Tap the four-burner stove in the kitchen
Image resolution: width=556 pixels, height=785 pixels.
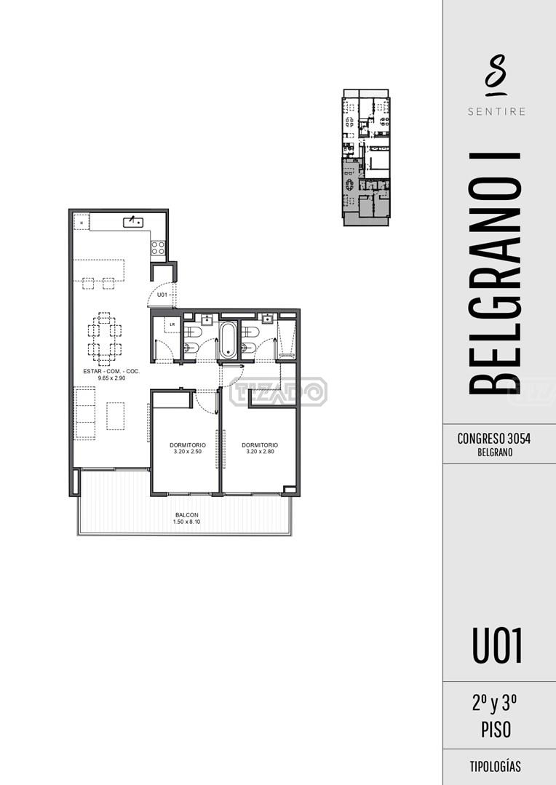(158, 248)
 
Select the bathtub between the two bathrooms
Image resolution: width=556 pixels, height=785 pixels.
(228, 340)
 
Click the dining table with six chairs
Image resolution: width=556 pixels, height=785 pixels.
(104, 339)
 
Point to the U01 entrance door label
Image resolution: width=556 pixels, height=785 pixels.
(162, 295)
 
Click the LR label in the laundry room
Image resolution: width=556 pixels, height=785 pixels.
(172, 324)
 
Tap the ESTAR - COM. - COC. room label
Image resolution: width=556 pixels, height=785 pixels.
(111, 372)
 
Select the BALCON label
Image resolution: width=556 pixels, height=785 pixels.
(187, 514)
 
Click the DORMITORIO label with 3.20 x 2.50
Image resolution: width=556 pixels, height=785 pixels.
(188, 445)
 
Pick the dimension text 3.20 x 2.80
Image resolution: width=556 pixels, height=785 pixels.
(260, 452)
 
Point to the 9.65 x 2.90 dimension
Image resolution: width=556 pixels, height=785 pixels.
(111, 378)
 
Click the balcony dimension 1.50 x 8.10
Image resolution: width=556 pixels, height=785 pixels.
(187, 522)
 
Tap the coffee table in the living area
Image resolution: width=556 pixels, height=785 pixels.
(115, 415)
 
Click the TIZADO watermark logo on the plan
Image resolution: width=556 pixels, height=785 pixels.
(279, 392)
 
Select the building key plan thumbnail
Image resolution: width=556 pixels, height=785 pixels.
(366, 157)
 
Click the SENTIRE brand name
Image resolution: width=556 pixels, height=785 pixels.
(497, 111)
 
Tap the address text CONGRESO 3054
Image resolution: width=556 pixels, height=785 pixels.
(494, 439)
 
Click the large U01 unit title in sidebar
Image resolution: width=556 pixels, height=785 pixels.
(497, 646)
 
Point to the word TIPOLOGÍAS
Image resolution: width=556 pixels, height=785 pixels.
(496, 767)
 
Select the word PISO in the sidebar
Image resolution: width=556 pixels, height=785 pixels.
(496, 730)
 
